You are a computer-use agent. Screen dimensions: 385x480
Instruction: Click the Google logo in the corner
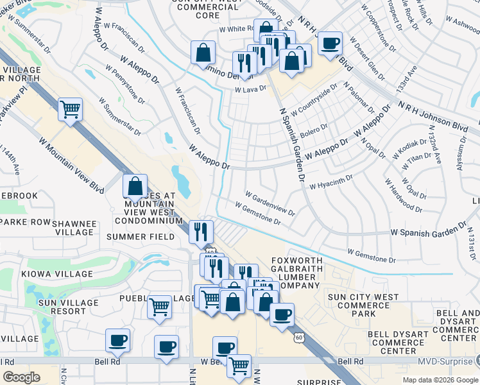21,377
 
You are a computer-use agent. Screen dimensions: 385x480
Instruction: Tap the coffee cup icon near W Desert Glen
330,44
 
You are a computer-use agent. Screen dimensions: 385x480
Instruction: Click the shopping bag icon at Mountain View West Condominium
135,187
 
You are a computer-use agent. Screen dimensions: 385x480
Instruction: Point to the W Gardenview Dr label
270,202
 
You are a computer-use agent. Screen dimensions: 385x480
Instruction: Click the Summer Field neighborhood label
141,237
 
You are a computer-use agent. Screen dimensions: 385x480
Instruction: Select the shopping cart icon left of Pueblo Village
159,306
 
